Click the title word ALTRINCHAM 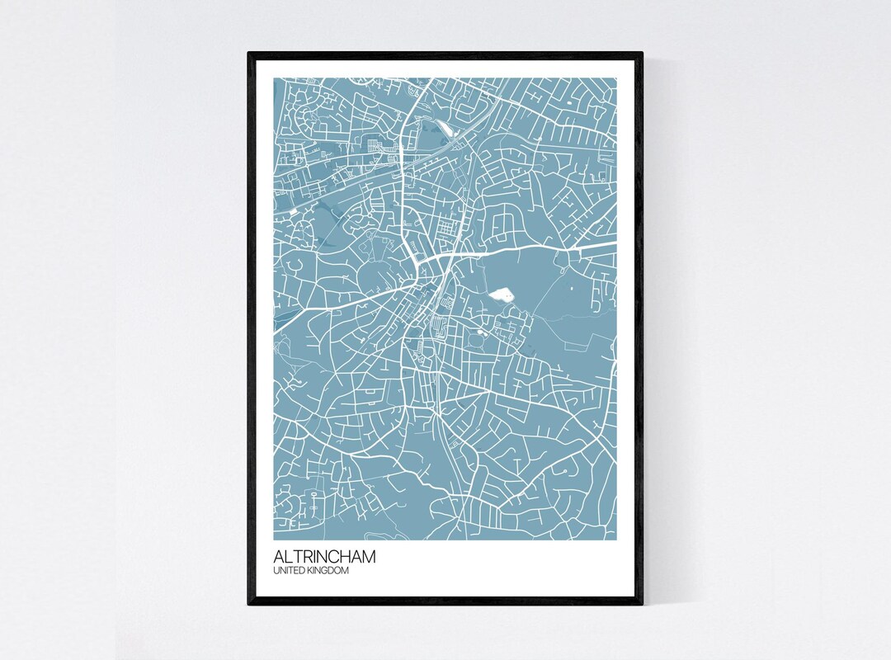click(x=324, y=557)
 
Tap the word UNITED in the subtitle click(x=287, y=570)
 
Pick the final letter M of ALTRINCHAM click(x=368, y=557)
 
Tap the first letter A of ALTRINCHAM click(x=280, y=557)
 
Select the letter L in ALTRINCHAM click(x=289, y=557)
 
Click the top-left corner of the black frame click(x=248, y=53)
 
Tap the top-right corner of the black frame click(x=642, y=53)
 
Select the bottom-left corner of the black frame click(x=248, y=605)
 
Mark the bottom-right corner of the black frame click(x=642, y=605)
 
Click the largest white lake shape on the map click(x=502, y=295)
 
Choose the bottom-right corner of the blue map click(x=616, y=540)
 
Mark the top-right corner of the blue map click(x=616, y=78)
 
